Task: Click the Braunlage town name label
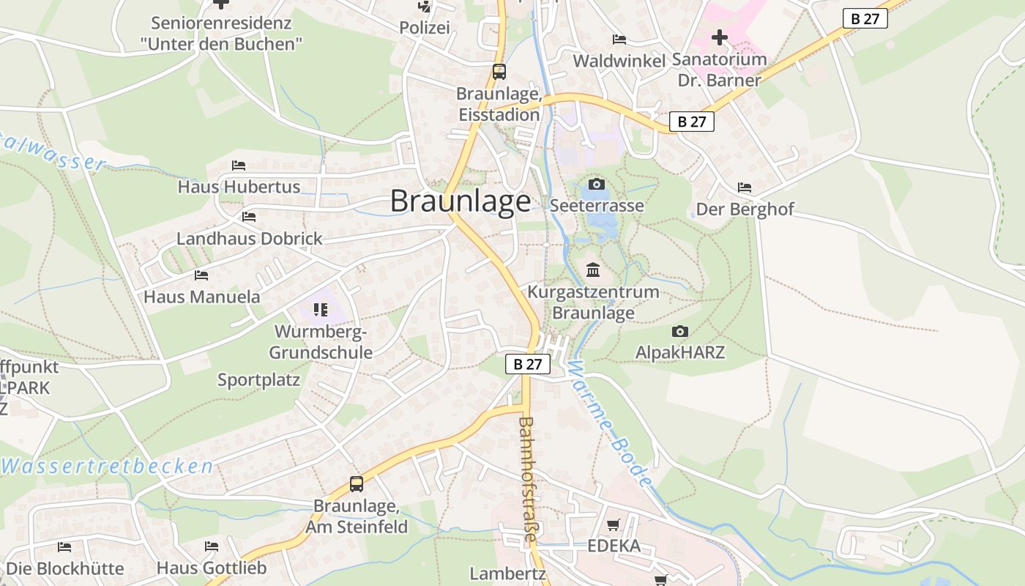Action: click(x=461, y=201)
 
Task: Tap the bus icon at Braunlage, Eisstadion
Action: click(x=499, y=72)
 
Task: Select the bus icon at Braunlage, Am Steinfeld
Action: click(x=357, y=484)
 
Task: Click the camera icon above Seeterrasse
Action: click(x=597, y=184)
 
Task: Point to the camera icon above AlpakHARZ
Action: click(x=680, y=332)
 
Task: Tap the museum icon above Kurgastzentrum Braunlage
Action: click(x=593, y=270)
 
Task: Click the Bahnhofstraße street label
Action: click(x=527, y=480)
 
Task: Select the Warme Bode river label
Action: click(x=609, y=425)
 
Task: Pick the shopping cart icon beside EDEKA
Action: click(x=614, y=524)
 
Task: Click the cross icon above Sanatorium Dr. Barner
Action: click(x=720, y=37)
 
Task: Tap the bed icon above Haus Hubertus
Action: click(x=239, y=166)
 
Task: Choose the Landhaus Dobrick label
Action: click(x=249, y=239)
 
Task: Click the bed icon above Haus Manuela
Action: click(x=201, y=275)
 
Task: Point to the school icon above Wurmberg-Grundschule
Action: click(x=320, y=310)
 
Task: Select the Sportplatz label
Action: click(x=258, y=380)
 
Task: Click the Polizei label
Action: click(x=424, y=28)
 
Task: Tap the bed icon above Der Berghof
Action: click(x=745, y=188)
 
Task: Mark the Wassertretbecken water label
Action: click(x=108, y=466)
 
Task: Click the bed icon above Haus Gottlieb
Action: click(x=212, y=546)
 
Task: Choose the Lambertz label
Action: click(x=508, y=574)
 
